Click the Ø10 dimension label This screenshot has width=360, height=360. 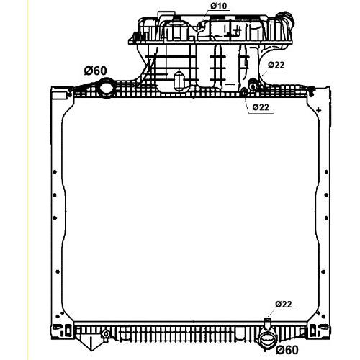click(x=219, y=6)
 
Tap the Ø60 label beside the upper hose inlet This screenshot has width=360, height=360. click(x=95, y=71)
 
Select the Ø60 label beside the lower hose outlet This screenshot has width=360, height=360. click(x=287, y=350)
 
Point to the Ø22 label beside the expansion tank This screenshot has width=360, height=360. click(x=276, y=65)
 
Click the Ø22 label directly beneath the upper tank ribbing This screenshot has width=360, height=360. click(x=261, y=107)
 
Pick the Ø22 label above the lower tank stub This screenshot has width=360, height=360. click(x=284, y=305)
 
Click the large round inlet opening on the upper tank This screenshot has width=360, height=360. click(x=107, y=89)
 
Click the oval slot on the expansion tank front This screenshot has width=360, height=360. click(x=179, y=81)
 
